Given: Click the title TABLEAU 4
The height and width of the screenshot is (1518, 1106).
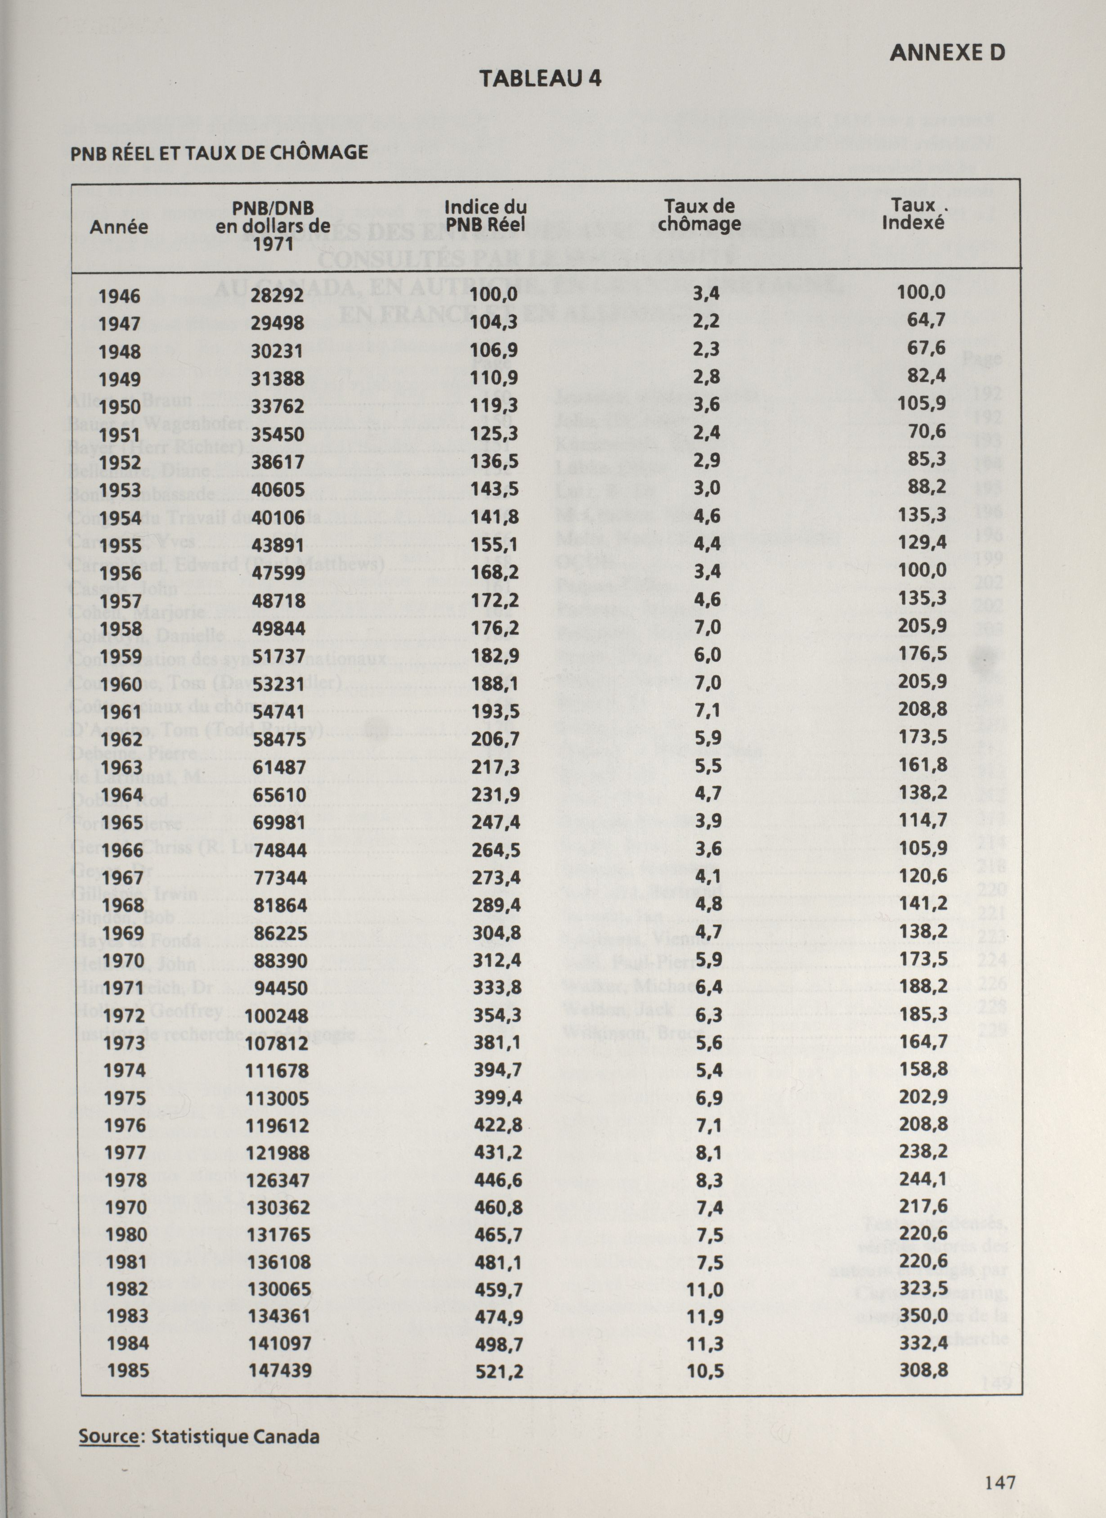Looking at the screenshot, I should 540,79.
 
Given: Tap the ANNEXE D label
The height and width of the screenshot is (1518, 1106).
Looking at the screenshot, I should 947,54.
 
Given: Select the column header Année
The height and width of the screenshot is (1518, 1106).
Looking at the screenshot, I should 119,227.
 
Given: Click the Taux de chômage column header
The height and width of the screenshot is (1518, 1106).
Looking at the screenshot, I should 699,216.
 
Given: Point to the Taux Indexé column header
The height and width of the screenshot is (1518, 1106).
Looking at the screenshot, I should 913,214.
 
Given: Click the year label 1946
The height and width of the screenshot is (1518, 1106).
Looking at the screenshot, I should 119,296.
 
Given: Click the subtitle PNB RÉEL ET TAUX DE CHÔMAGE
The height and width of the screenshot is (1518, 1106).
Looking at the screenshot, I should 219,153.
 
